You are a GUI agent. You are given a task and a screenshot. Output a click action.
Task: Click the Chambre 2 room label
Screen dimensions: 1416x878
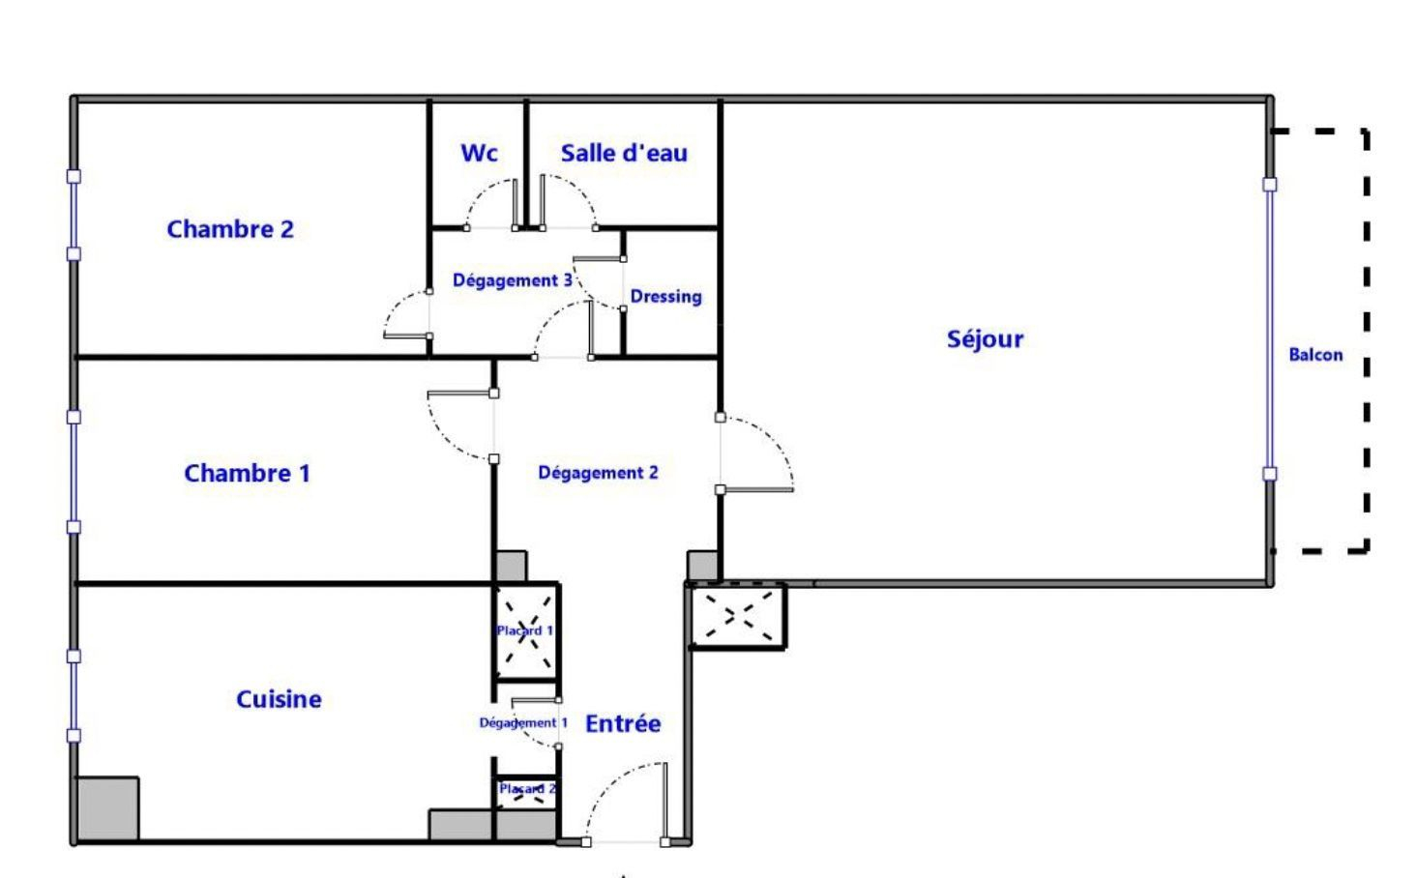coord(231,229)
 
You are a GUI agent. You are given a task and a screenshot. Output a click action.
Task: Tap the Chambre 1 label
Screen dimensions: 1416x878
coord(248,473)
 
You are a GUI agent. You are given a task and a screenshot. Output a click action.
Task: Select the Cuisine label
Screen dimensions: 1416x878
coord(279,698)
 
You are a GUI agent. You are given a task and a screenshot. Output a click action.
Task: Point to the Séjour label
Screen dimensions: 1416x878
coord(985,339)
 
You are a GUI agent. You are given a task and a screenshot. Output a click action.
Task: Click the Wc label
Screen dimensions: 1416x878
coord(479,153)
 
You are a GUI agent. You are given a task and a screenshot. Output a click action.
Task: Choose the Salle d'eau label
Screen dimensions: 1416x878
coord(624,153)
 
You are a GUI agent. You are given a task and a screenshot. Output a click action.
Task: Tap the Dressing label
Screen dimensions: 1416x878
coord(666,297)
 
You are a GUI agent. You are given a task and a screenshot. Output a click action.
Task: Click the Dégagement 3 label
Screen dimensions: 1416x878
coord(513,280)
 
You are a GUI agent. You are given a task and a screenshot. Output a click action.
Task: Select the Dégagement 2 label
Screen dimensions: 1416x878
coord(598,473)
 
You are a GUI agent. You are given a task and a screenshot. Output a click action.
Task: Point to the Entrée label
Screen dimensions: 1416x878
coord(623,723)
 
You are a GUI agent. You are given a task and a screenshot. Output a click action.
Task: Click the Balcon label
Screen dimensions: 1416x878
coord(1316,355)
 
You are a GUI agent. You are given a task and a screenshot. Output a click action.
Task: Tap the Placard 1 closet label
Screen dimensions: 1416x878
coord(524,630)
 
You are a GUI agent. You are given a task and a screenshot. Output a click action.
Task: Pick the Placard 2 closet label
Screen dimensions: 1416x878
coord(527,789)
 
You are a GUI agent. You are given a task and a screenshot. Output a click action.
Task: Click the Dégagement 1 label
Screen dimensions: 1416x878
coord(523,722)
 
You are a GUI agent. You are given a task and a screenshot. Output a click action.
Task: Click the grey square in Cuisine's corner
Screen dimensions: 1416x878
coord(107,809)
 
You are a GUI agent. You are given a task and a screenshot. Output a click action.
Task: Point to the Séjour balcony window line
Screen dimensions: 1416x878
coord(1269,330)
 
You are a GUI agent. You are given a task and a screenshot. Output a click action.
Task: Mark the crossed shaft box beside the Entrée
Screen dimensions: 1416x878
coord(738,616)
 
